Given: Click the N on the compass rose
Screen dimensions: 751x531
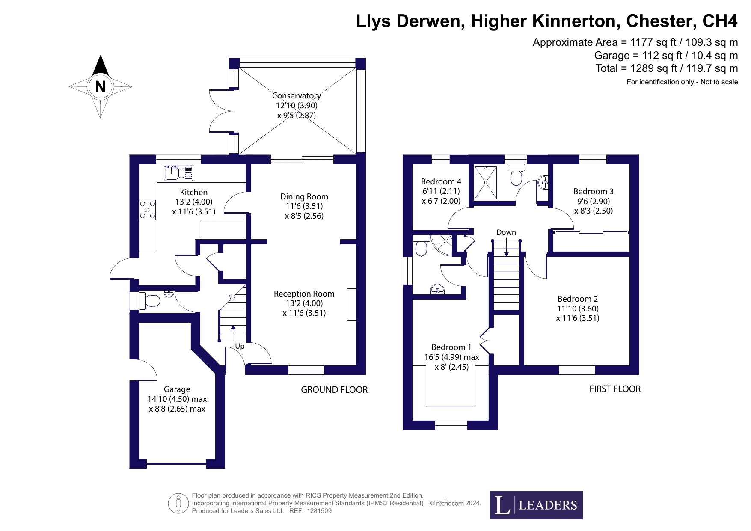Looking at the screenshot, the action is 100,87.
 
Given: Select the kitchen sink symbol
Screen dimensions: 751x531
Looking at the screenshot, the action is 178,173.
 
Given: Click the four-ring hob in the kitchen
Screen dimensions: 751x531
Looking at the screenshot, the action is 147,210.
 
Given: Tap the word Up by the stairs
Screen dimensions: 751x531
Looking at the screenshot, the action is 240,346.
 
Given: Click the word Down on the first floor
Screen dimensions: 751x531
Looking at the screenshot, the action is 506,232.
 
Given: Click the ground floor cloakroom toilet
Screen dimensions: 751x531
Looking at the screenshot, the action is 150,300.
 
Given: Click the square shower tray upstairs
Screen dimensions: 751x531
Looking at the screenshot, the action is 486,183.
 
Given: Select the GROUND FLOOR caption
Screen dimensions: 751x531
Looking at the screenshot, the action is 334,389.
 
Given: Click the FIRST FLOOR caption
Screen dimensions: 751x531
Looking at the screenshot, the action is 615,389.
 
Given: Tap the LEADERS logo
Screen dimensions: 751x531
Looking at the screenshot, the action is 536,505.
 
